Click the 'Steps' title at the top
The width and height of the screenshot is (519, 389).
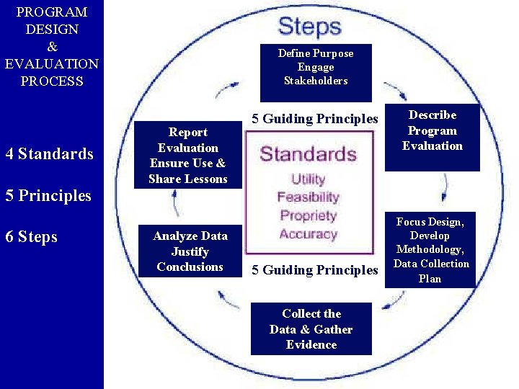tap(309, 27)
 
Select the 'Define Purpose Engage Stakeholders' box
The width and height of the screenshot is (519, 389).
tap(316, 68)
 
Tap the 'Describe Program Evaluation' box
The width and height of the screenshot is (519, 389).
tap(432, 131)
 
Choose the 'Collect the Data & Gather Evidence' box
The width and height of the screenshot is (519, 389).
tap(311, 329)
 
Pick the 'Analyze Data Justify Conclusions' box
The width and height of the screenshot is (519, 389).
tap(190, 251)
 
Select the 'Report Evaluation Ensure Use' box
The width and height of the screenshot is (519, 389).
tap(187, 155)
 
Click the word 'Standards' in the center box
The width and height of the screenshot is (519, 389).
tap(308, 154)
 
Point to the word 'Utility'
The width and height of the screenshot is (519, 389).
tap(308, 179)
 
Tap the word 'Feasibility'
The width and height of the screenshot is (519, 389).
tap(308, 197)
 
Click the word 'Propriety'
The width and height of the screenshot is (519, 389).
tap(308, 215)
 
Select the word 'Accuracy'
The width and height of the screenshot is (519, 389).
tap(308, 233)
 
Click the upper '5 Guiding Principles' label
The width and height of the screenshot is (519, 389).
tap(314, 119)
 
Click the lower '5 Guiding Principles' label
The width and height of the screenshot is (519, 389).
tap(314, 270)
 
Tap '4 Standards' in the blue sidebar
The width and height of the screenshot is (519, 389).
tap(49, 153)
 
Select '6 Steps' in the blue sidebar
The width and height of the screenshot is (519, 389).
tap(31, 237)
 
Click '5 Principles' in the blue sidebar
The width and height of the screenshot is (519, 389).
tap(48, 195)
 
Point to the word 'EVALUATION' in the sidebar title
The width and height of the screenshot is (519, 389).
tap(51, 64)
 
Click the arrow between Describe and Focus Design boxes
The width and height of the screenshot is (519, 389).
tap(445, 187)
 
